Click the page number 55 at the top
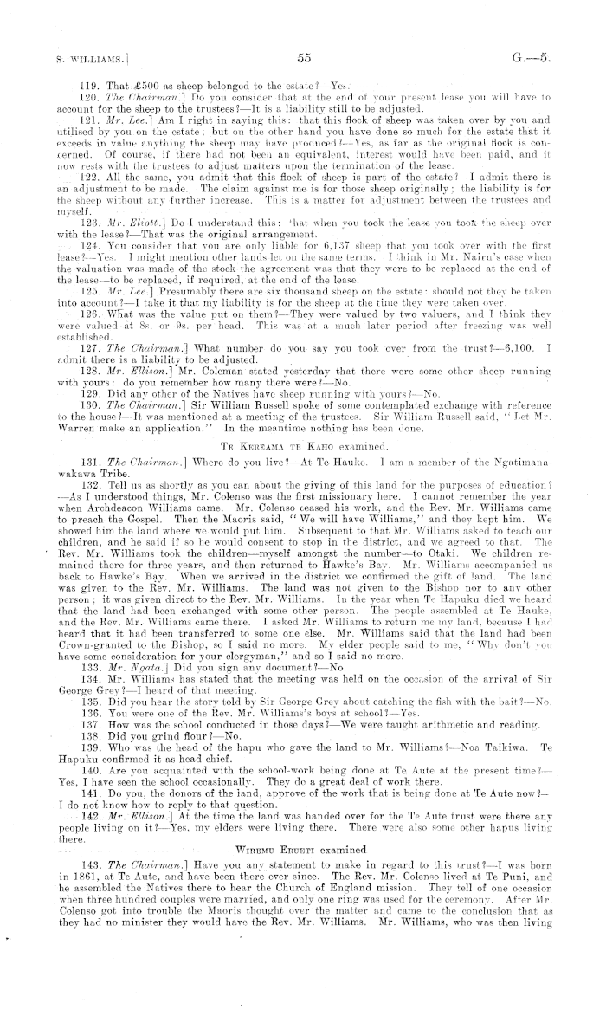pyautogui.click(x=302, y=58)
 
